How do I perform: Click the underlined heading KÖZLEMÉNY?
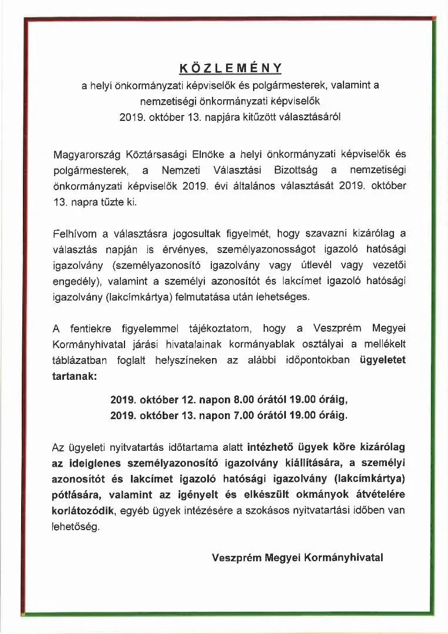click(x=231, y=68)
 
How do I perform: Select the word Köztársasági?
click(x=156, y=155)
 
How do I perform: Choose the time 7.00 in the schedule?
click(x=244, y=415)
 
